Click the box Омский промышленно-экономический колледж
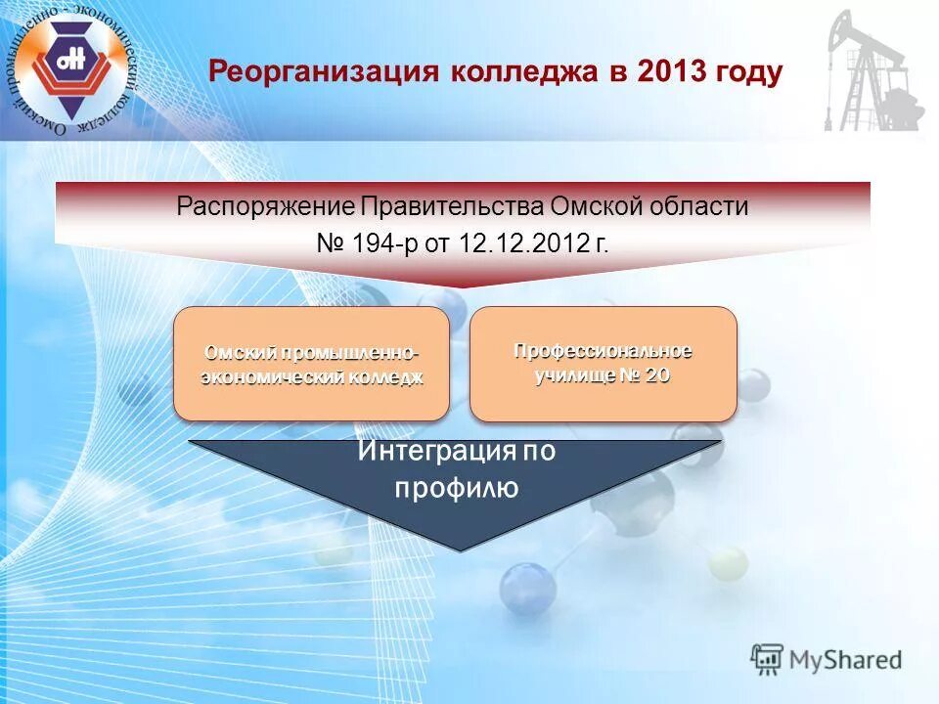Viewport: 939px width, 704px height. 311,364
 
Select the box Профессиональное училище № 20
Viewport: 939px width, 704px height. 603,364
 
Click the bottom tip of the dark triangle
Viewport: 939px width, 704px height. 456,548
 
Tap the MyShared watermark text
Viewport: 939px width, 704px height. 847,660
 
